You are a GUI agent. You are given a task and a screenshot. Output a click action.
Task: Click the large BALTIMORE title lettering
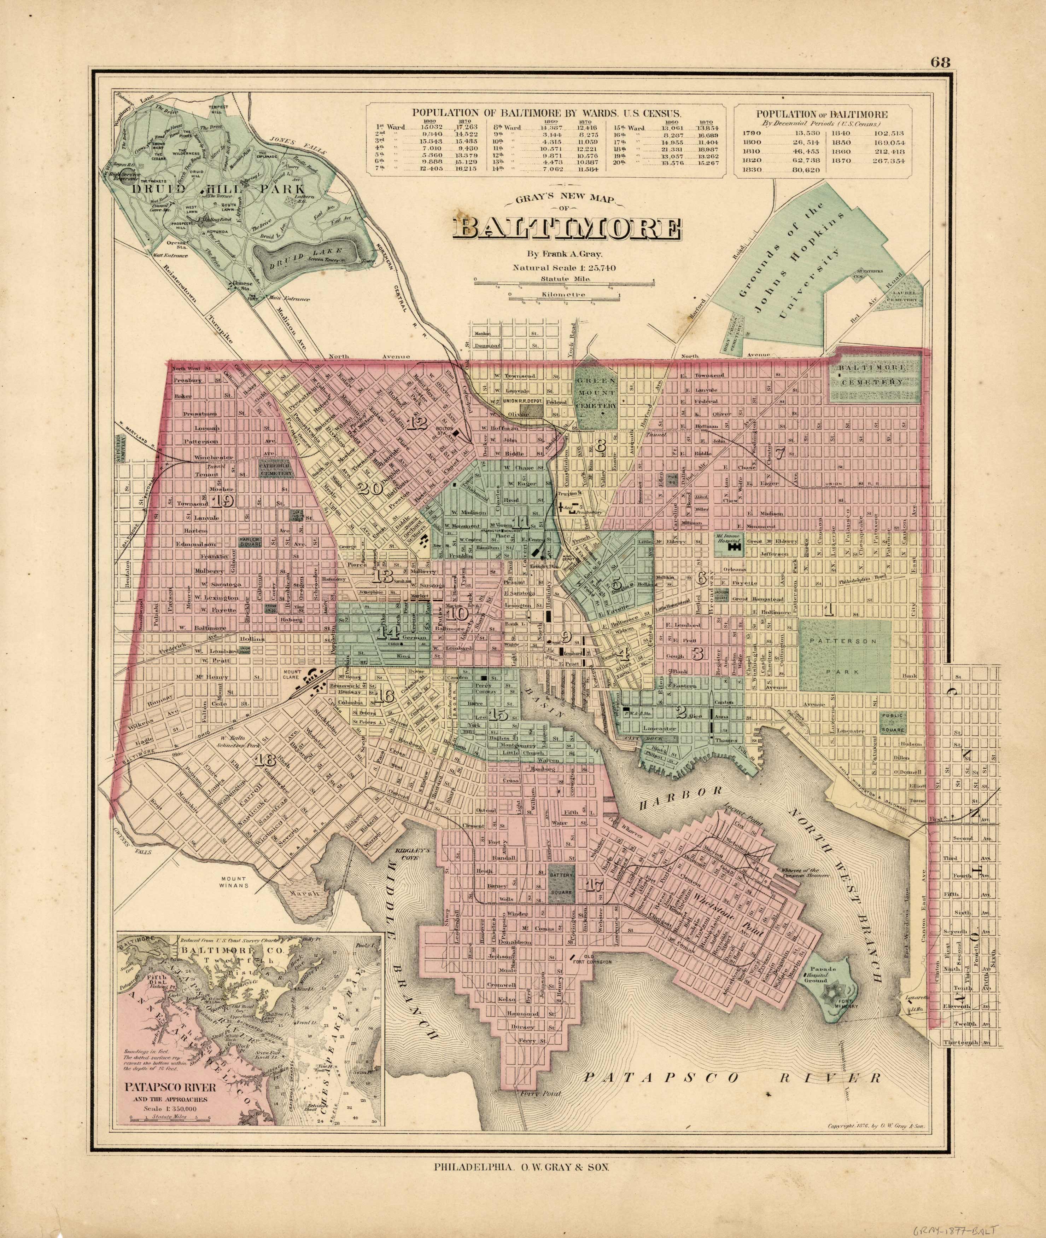pos(567,230)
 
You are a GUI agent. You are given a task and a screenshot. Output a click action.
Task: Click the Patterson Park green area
pos(845,656)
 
